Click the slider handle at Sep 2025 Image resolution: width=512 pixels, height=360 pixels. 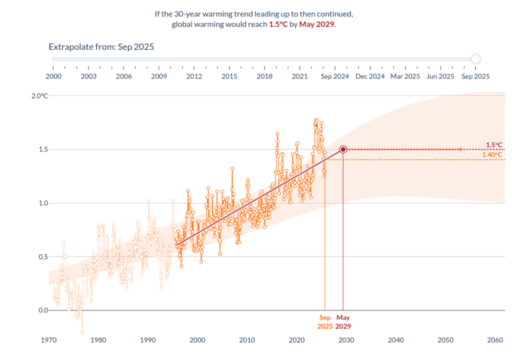[x=475, y=59]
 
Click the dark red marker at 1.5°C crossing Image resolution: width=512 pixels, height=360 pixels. [x=343, y=149]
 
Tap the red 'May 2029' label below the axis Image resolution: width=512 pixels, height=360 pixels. [x=343, y=322]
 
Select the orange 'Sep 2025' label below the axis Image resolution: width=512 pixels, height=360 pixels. [x=324, y=322]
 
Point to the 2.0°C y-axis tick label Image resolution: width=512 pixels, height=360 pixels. [x=40, y=95]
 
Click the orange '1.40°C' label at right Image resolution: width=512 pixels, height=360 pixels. [x=492, y=155]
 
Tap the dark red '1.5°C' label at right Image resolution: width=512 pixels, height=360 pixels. [x=494, y=145]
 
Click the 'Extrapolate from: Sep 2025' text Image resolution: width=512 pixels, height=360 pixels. [x=101, y=47]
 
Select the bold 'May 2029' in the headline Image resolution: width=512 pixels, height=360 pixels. [x=316, y=24]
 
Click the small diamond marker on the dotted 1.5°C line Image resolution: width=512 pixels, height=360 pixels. [x=460, y=149]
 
